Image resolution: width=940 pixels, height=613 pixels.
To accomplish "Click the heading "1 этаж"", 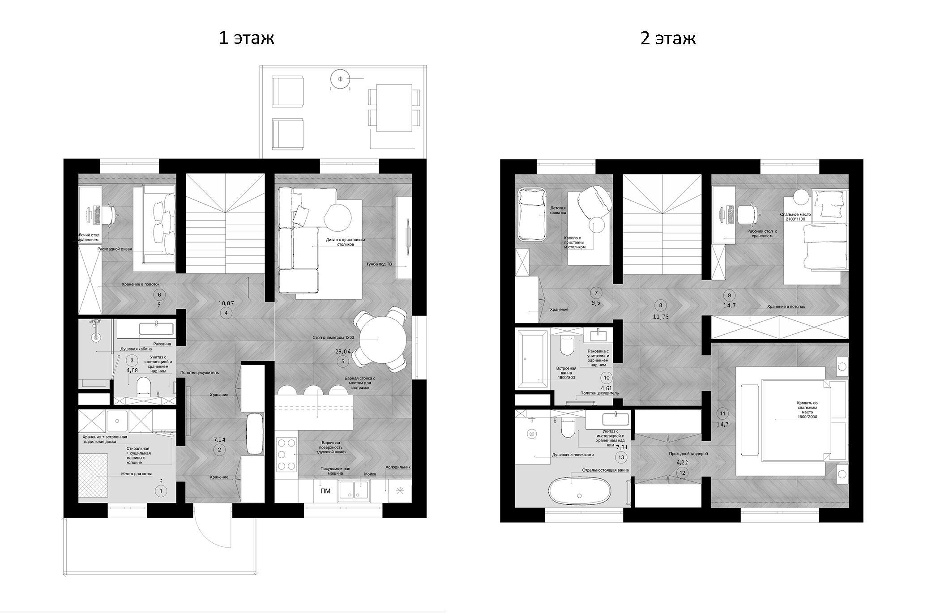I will [x=246, y=38].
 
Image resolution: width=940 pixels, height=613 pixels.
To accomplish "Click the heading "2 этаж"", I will [x=668, y=38].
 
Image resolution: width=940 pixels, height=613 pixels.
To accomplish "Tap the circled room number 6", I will [x=159, y=294].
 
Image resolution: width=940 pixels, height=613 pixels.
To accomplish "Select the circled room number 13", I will [x=621, y=457].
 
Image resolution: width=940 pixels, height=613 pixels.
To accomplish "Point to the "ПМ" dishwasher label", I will [x=325, y=491].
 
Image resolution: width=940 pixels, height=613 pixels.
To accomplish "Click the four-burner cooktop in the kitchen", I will [x=286, y=454].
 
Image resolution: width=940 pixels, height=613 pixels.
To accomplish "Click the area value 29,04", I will [x=343, y=352].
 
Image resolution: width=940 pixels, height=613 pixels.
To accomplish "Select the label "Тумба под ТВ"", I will [x=379, y=264].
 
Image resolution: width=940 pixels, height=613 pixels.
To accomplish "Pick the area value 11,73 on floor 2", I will [x=661, y=316].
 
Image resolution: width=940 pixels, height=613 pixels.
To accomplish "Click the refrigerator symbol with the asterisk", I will [x=400, y=491].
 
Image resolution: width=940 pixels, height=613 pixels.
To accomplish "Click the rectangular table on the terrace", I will [x=394, y=108].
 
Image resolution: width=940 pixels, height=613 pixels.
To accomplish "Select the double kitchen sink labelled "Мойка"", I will [x=354, y=490].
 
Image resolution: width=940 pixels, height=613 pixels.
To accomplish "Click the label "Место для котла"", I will [x=137, y=474].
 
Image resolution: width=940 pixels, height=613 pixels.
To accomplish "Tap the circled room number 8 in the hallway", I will [x=661, y=306].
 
